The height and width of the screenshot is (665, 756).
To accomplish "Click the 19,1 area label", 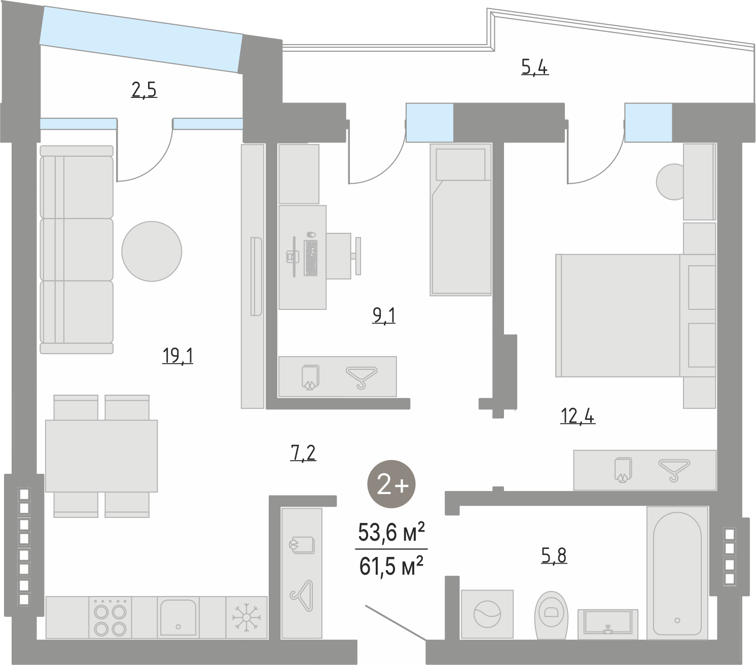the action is pos(177,356).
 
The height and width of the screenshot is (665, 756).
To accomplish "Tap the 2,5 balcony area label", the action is pos(144,90).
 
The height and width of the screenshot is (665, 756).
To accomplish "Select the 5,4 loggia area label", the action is pos(535,67).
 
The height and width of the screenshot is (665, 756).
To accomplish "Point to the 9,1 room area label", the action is pos(384,316).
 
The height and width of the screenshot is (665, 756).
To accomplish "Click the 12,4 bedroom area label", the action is pos(578,416).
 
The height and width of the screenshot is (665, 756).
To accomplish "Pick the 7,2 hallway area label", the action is pos(303,453).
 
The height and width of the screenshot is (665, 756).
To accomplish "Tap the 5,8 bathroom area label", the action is pos(554,555).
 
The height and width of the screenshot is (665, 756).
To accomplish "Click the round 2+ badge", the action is pos(391,484).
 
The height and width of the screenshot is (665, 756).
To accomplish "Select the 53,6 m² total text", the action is pos(391,532).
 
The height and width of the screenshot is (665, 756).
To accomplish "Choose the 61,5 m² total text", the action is pos(391,566).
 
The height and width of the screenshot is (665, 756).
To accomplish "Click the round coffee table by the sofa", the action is pos(152,251).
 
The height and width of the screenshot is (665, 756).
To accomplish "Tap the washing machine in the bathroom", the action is pos(487,614).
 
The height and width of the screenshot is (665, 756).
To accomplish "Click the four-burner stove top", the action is pos(110,618).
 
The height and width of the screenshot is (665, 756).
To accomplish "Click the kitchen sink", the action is pos(178,618).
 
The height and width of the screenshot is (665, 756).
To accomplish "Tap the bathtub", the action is pos(677,573).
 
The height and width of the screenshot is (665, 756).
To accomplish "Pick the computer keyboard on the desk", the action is pos(311,258).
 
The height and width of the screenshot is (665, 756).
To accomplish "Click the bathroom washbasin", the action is pos(608,624).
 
